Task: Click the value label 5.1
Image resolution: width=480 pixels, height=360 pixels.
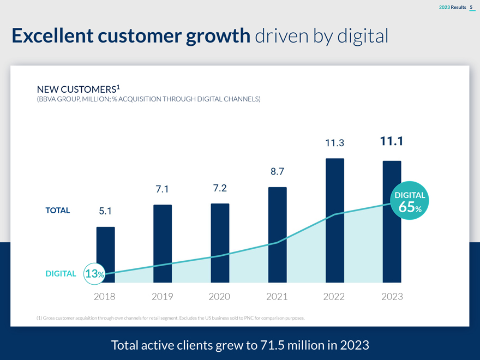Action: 105,211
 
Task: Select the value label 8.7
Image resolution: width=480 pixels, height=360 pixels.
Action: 277,172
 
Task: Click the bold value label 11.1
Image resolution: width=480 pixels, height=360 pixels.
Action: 391,142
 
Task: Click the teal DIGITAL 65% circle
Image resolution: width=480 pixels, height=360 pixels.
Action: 411,201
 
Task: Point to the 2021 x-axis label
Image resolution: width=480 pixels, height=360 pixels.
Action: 277,297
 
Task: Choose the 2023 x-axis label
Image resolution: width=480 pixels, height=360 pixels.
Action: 392,297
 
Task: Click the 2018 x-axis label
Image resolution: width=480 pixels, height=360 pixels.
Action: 105,297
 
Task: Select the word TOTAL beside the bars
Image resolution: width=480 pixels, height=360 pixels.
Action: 57,210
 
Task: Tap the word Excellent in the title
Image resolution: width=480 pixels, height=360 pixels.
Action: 52,36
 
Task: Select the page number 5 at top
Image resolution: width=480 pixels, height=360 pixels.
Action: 471,7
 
